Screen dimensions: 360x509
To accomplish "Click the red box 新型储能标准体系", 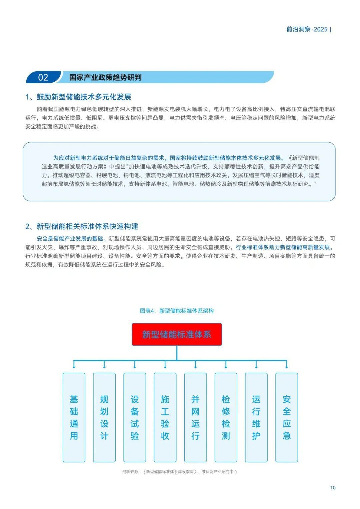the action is tap(177, 334).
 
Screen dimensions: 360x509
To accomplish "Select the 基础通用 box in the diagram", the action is tap(74, 417).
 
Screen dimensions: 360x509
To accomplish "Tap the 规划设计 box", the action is tap(104, 417).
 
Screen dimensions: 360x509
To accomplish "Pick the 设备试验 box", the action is tap(135, 417).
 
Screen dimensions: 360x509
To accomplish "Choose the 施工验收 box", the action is tap(165, 417).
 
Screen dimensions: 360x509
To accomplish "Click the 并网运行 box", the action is tap(195, 417).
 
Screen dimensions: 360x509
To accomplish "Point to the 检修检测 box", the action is tap(226, 417).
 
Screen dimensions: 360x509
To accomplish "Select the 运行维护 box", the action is tap(256, 417).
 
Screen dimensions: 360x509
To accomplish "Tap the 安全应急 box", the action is tap(286, 417).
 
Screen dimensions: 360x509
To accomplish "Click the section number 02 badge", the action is tap(43, 77).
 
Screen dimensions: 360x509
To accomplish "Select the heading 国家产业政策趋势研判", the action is tap(105, 77).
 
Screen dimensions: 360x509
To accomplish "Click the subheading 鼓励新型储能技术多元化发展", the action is tap(84, 97).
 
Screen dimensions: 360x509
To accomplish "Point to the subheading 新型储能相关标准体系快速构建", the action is tap(87, 227).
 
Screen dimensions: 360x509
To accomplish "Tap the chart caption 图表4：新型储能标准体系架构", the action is tap(177, 311).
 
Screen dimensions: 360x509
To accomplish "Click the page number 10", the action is tap(333, 488).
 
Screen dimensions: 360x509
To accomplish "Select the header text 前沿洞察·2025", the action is tap(307, 29).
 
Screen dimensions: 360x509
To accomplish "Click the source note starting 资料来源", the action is tap(180, 472).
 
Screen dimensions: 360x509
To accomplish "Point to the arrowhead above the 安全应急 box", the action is tap(287, 366).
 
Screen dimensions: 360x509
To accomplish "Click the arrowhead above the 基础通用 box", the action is tap(74, 366).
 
